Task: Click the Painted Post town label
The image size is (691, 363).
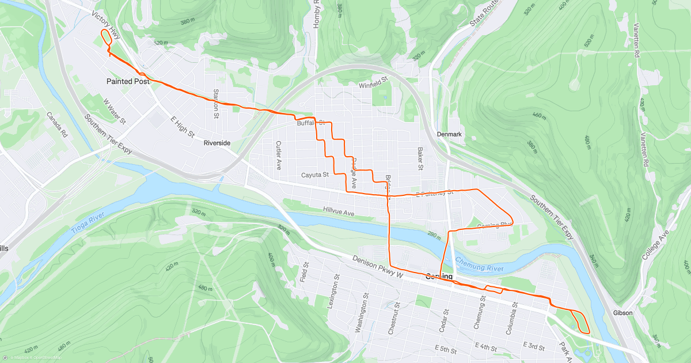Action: point(128,81)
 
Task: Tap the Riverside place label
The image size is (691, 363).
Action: point(217,142)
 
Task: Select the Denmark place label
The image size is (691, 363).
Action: point(449,134)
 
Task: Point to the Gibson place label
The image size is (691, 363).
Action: point(622,313)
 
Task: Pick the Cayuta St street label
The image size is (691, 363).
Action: point(314,174)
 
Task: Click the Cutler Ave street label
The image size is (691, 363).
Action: point(278,155)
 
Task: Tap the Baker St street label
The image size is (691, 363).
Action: point(420,158)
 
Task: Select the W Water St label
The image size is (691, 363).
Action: point(114,111)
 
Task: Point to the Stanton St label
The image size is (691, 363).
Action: point(217,101)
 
